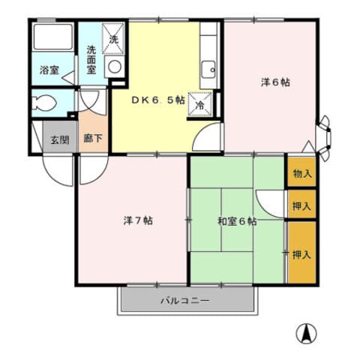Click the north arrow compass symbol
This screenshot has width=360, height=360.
306,334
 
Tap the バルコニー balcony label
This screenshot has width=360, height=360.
184,300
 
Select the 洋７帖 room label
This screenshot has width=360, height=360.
138,220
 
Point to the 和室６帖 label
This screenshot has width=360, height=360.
237,221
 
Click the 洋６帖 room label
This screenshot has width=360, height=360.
275,82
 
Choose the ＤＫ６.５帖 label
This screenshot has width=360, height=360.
158,100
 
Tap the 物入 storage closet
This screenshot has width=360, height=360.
302,172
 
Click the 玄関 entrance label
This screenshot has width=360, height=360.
60,139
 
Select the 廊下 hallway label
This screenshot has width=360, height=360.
93,138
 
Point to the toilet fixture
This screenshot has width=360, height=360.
44,103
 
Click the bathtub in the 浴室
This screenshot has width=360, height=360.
53,37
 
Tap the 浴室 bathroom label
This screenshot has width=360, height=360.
49,70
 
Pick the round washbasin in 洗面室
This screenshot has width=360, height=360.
115,67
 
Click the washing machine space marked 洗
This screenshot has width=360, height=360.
113,39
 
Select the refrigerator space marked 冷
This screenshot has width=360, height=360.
200,104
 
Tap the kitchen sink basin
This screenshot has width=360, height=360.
208,69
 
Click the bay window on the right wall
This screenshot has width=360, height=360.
324,138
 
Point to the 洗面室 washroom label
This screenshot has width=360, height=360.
91,60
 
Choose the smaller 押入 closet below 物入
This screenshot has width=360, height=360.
302,204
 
